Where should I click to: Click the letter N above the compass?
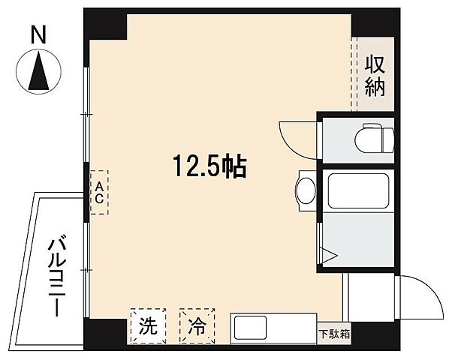click(x=38, y=33)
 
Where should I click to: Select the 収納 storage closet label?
click(x=375, y=76)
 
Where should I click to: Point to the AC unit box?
click(x=98, y=193)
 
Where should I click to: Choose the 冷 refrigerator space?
click(x=197, y=326)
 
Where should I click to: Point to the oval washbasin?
click(x=306, y=190)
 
